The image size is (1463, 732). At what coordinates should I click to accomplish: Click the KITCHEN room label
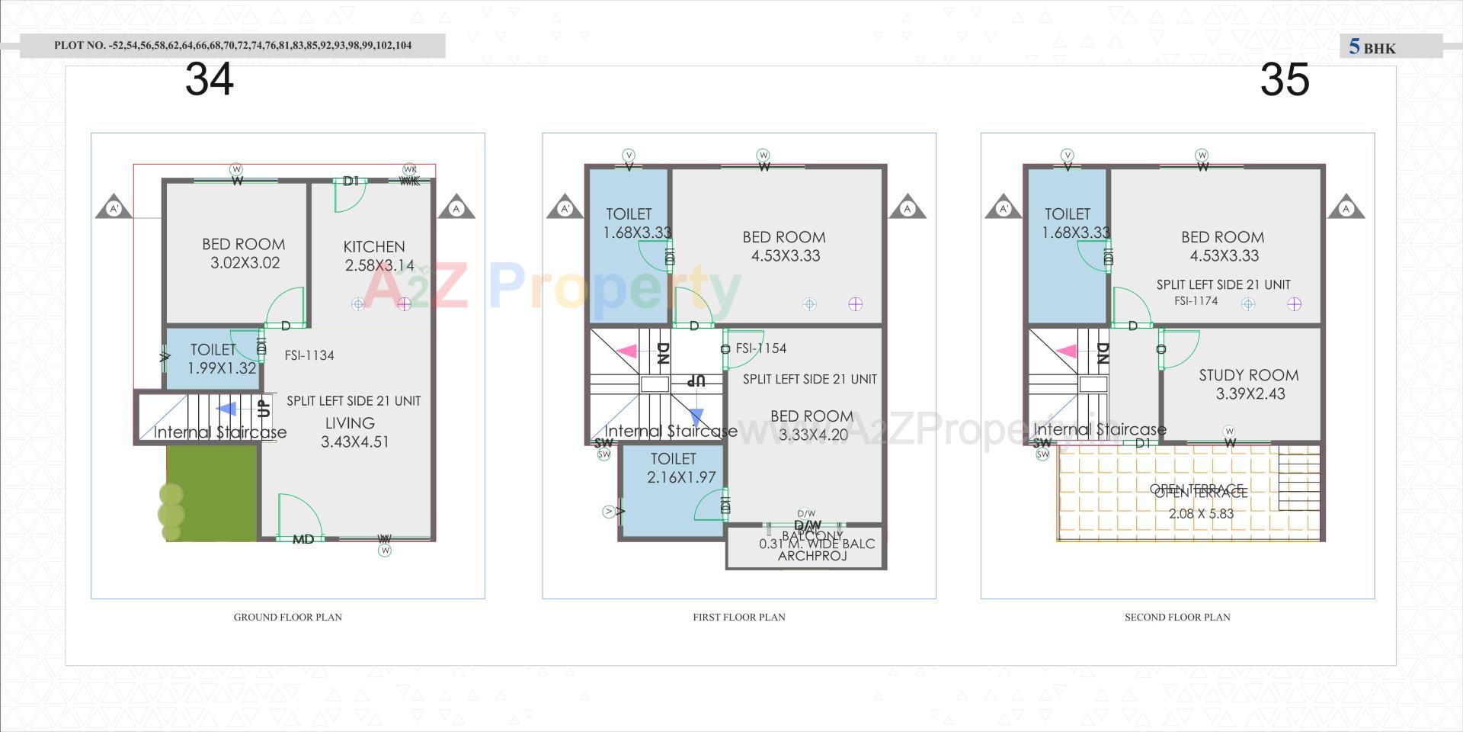click(x=374, y=246)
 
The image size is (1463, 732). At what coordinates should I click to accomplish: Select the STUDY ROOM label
click(x=1248, y=375)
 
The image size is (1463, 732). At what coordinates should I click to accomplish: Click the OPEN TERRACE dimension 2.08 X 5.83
click(x=1201, y=514)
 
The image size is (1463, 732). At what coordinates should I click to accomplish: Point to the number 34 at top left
click(x=209, y=79)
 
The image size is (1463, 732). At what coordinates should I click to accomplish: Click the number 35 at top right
click(x=1285, y=79)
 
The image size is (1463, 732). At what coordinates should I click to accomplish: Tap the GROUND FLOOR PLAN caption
click(x=288, y=617)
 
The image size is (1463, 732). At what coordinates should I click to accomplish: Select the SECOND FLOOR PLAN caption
click(x=1177, y=617)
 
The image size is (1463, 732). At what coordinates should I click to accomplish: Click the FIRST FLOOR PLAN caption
click(x=739, y=617)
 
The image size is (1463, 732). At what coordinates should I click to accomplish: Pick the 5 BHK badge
click(x=1372, y=47)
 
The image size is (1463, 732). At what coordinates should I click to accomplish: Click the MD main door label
click(x=303, y=539)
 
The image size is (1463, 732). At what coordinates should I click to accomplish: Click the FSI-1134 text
click(x=309, y=355)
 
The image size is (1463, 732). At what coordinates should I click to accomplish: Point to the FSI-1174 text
click(x=1196, y=301)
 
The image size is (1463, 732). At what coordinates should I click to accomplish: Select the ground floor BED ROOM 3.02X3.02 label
click(x=244, y=253)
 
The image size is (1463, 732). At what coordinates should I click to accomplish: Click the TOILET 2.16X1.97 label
click(x=673, y=468)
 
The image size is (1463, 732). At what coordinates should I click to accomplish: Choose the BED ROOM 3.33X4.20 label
click(x=812, y=425)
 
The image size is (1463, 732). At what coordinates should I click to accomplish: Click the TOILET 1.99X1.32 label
click(x=214, y=358)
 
